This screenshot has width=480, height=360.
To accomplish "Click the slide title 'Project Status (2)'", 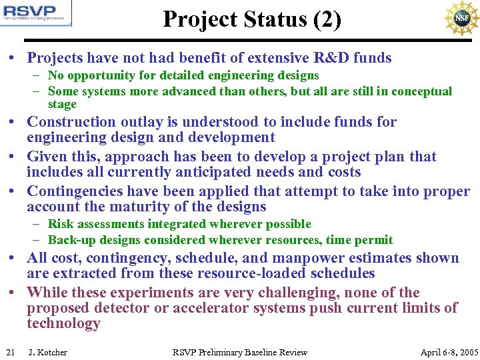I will pos(251,19).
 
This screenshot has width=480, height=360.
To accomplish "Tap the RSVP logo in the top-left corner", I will pos(36,13).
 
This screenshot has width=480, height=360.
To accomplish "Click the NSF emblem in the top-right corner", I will pos(461,18).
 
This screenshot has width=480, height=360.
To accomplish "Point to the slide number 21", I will pos(10,352).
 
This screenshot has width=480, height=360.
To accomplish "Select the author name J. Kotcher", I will pos(47,352).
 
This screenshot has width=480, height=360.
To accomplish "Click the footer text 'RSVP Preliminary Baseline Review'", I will pos(240,352).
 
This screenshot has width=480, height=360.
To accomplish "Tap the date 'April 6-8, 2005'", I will pos(449,352).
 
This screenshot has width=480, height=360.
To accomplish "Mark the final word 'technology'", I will pos(63,324).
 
